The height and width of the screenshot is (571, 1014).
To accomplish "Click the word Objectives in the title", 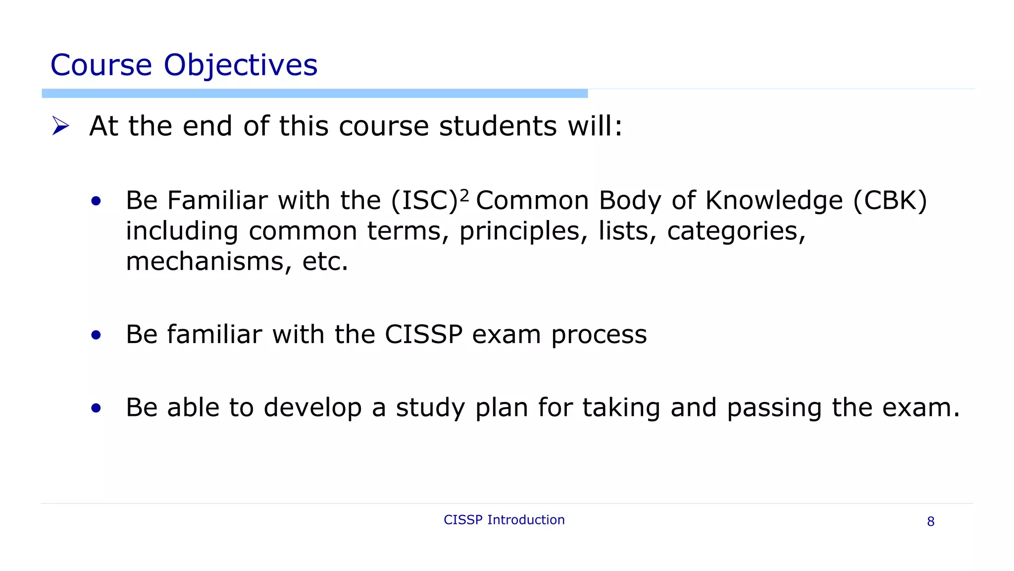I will pyautogui.click(x=240, y=65).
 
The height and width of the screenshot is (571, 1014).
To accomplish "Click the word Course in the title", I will pyautogui.click(x=101, y=65).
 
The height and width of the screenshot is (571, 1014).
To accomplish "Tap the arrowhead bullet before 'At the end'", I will pyautogui.click(x=60, y=126).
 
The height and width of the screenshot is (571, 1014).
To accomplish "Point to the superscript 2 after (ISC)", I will pyautogui.click(x=464, y=196).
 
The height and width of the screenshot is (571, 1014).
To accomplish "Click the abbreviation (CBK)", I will pyautogui.click(x=890, y=201).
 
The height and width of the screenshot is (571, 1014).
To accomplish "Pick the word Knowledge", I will pyautogui.click(x=774, y=201).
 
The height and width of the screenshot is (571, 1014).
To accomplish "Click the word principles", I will pyautogui.click(x=523, y=231).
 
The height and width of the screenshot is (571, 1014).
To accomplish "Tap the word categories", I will pyautogui.click(x=736, y=231).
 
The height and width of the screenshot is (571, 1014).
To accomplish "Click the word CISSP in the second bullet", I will pyautogui.click(x=423, y=334).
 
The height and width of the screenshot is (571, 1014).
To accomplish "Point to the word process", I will pyautogui.click(x=599, y=335).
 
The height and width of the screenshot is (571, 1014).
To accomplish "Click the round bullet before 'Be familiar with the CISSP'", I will pyautogui.click(x=96, y=335).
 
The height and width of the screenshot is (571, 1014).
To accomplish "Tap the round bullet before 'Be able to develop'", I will pyautogui.click(x=96, y=408).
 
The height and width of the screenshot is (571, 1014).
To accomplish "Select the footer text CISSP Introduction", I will pyautogui.click(x=504, y=519).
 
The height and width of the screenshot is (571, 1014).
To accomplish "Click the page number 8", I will pyautogui.click(x=930, y=521).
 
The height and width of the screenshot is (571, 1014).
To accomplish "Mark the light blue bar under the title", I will pyautogui.click(x=314, y=93).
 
